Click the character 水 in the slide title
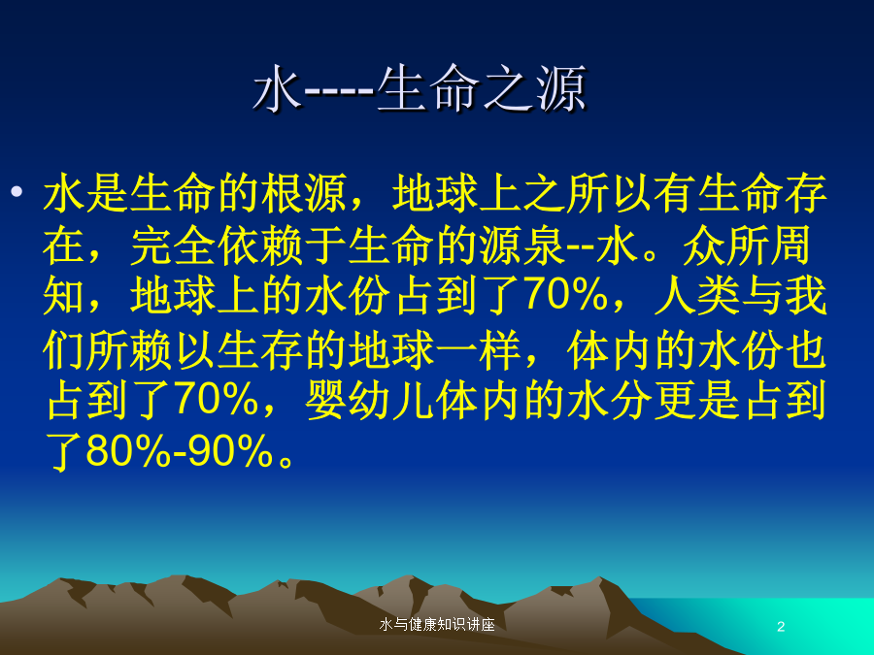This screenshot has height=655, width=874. pyautogui.click(x=277, y=88)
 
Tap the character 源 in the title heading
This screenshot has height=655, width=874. pyautogui.click(x=561, y=88)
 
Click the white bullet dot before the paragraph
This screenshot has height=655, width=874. pyautogui.click(x=17, y=192)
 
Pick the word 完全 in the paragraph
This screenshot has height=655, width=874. pyautogui.click(x=173, y=246)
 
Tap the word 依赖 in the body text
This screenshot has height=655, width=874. pyautogui.click(x=259, y=246)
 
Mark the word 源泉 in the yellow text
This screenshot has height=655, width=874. pyautogui.click(x=521, y=246)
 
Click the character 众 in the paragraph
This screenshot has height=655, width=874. pyautogui.click(x=703, y=246)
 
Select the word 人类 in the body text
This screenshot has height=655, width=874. pyautogui.click(x=696, y=295)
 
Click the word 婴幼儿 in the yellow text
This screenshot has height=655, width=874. pyautogui.click(x=370, y=401)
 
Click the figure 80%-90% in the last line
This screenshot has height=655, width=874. pyautogui.click(x=180, y=450)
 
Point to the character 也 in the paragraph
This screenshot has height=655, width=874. pyautogui.click(x=805, y=351)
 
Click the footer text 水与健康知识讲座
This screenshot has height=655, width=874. pyautogui.click(x=437, y=624)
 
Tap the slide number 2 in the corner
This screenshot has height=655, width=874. pyautogui.click(x=781, y=627)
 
